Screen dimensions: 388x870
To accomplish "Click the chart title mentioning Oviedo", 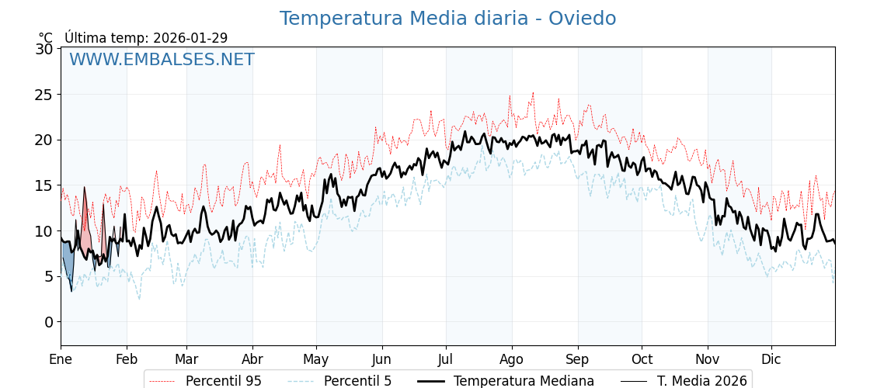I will click(447, 19).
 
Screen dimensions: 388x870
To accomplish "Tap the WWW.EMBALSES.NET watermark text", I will click(162, 60).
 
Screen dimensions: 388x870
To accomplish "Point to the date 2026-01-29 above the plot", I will click(190, 38).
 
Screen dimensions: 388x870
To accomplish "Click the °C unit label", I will click(46, 38).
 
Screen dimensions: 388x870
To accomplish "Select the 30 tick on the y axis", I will click(44, 49).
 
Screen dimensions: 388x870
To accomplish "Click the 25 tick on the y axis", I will click(44, 95).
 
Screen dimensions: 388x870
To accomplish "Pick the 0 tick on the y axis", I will click(49, 322).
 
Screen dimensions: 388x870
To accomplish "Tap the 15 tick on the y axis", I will click(44, 185).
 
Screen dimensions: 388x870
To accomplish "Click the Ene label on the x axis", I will click(61, 360).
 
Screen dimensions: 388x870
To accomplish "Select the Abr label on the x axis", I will click(252, 360).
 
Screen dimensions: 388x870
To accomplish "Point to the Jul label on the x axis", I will click(446, 360).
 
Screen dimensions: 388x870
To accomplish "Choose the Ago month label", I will click(512, 360).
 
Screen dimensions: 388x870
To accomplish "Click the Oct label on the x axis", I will click(642, 360).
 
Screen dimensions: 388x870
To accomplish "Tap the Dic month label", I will click(771, 360).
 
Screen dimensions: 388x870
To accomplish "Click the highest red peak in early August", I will click(533, 92).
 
